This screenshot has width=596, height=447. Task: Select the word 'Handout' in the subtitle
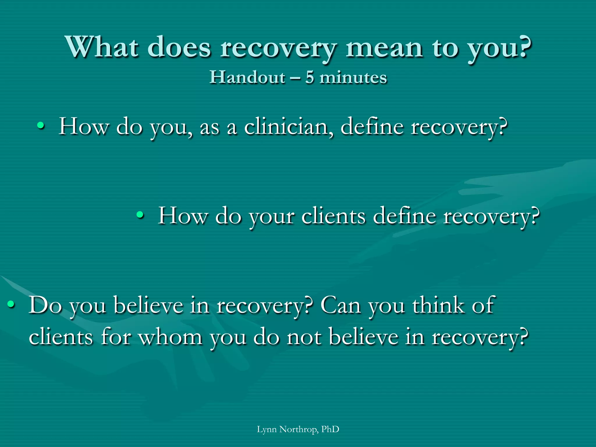coord(247,77)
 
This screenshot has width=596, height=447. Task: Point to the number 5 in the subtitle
coord(310,78)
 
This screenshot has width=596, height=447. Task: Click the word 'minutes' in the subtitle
coord(353,78)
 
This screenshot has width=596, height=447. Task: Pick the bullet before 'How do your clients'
coord(140,215)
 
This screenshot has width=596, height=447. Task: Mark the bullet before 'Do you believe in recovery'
coord(11,304)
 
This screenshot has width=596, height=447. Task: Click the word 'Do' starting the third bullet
coord(45,305)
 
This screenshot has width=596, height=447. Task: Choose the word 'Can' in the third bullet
coord(340,305)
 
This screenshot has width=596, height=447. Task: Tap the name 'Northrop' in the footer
coord(299,429)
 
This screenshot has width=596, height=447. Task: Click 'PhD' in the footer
coord(330,429)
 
